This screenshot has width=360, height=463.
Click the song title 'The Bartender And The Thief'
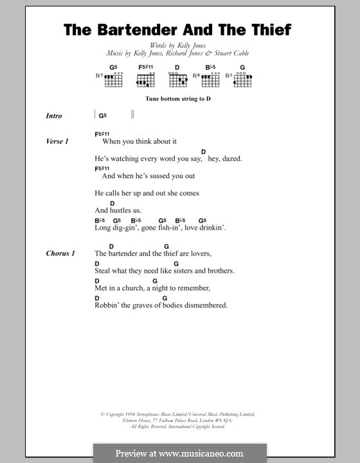tap(177, 30)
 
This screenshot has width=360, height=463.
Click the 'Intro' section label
tap(54, 116)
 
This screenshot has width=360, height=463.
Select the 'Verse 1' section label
tap(57, 141)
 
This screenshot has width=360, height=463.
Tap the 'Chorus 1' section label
tap(60, 253)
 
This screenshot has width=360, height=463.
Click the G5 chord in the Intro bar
tap(102, 116)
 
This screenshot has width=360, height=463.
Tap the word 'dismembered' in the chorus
tap(206, 305)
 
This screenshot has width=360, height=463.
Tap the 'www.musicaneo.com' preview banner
tap(179, 453)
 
